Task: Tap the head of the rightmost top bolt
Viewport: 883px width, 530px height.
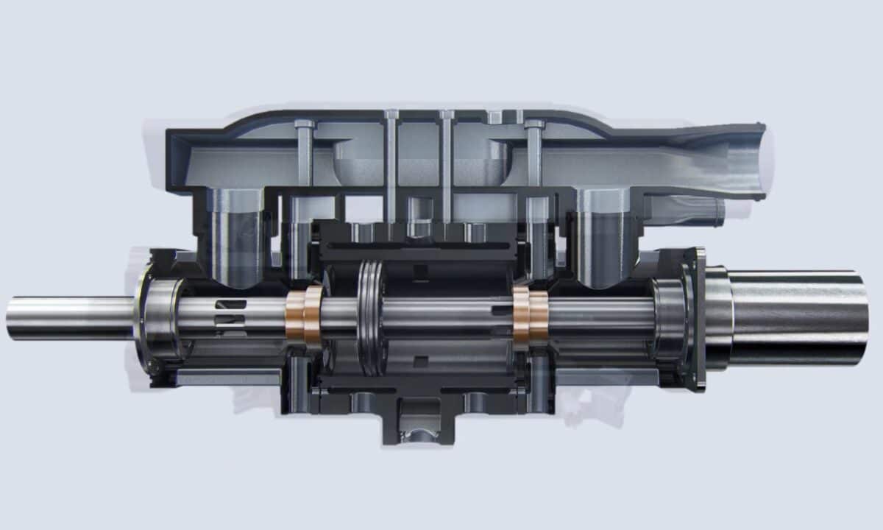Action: point(534,124)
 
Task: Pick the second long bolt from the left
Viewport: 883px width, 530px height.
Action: point(391,169)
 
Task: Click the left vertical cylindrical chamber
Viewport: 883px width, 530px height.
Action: point(235,236)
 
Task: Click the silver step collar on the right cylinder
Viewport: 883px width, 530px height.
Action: point(717,318)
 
